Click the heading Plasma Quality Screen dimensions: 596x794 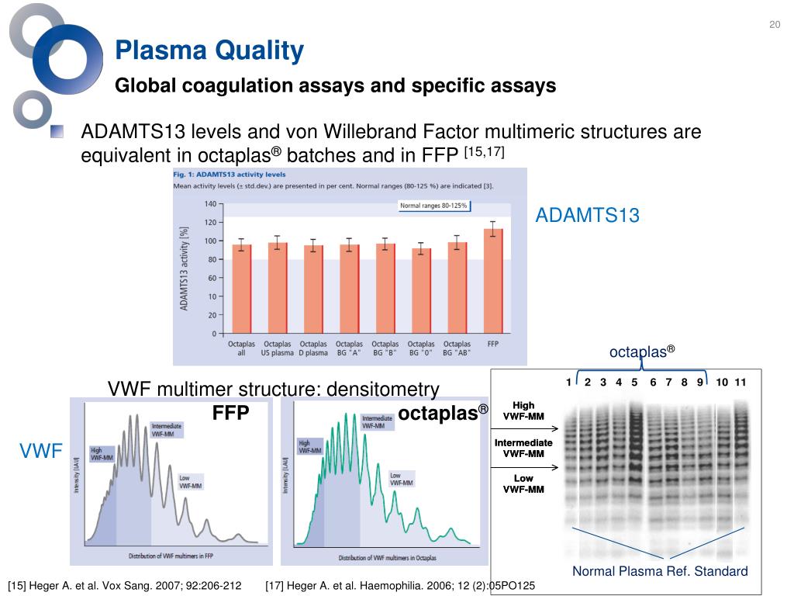(x=209, y=51)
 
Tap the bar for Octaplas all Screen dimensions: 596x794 (x=242, y=289)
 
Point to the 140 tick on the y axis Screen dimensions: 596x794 (x=210, y=204)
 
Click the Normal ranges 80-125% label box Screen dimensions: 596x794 (x=433, y=206)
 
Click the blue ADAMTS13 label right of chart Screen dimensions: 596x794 (x=587, y=216)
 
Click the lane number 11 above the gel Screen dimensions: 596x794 (x=740, y=382)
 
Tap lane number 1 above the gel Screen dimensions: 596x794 (x=568, y=382)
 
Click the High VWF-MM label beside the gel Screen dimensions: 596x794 (x=523, y=411)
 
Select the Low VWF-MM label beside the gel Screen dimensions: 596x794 (x=523, y=483)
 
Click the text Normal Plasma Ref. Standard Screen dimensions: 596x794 (x=660, y=571)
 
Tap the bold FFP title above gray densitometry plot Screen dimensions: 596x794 (x=230, y=414)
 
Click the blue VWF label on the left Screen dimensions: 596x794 (x=40, y=451)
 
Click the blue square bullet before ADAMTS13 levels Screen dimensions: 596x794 (x=57, y=132)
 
